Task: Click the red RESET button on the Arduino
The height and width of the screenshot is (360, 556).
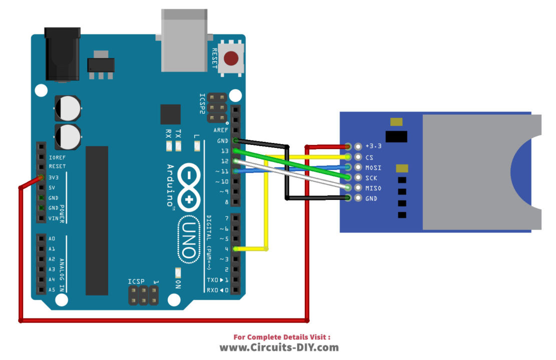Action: [231, 58]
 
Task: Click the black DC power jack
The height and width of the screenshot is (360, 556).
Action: [63, 53]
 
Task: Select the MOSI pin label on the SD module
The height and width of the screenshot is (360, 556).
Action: [373, 167]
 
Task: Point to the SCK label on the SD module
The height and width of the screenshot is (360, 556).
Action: [371, 178]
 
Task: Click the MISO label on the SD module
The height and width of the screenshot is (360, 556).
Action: [373, 188]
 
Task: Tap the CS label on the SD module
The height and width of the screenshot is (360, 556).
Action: [369, 157]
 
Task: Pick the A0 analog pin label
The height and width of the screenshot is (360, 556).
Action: [52, 238]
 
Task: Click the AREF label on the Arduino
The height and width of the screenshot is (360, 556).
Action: [221, 130]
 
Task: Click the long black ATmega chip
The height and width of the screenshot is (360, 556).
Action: [97, 220]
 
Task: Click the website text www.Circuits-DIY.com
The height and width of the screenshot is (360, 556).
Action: [279, 347]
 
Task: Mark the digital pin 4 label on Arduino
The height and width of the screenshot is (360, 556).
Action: [227, 248]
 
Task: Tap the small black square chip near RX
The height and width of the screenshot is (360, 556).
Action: [170, 114]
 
